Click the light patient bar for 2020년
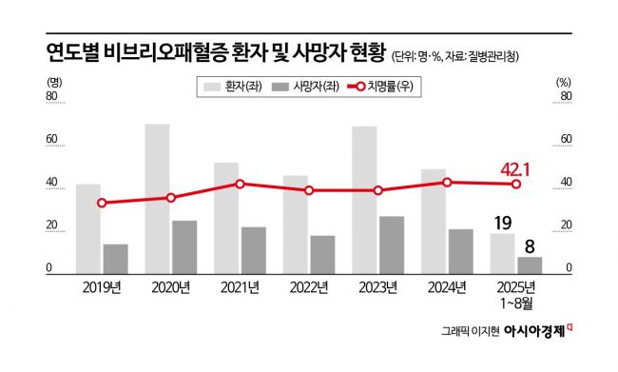pos(157,199)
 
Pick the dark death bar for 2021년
pos(254,250)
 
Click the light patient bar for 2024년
pos(434,221)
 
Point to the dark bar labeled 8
pos(530,264)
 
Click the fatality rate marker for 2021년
pos(241,184)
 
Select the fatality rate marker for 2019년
pos(102,203)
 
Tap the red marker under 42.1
pos(516,185)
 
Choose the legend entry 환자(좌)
pos(231,87)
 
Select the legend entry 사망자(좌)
pos(303,87)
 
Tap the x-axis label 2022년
pos(310,287)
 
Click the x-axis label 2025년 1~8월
pos(517,294)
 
